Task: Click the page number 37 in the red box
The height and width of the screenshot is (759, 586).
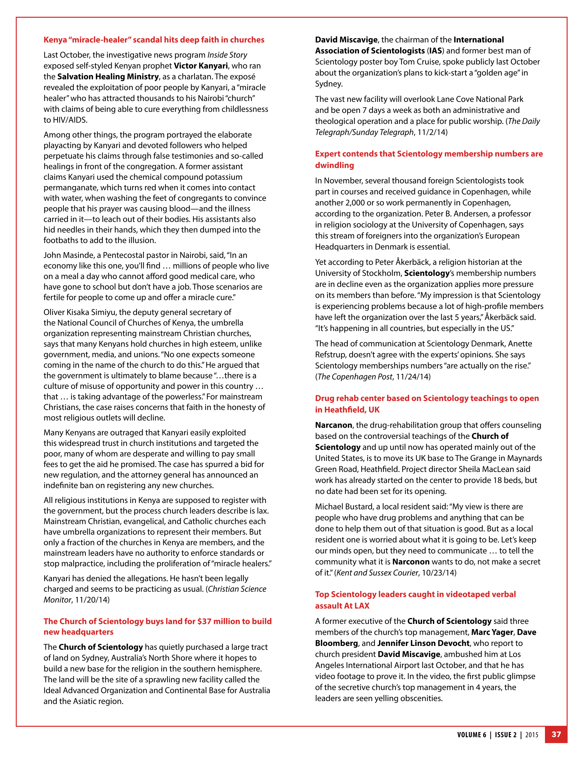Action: tap(556, 734)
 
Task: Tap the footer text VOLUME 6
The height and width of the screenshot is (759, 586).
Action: tap(471, 735)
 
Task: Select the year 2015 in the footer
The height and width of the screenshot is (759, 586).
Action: tap(531, 735)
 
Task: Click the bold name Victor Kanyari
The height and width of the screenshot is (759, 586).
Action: tap(201, 66)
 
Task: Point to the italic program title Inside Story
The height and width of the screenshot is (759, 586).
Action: tap(227, 55)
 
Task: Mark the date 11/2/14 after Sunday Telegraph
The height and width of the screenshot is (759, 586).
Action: tap(432, 132)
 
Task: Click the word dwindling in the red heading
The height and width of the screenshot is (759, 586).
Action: tap(334, 165)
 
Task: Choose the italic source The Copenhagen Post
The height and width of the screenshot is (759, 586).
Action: tap(355, 376)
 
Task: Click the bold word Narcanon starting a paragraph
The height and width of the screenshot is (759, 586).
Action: tap(333, 425)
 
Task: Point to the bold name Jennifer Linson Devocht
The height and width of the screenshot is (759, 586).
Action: tap(423, 643)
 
